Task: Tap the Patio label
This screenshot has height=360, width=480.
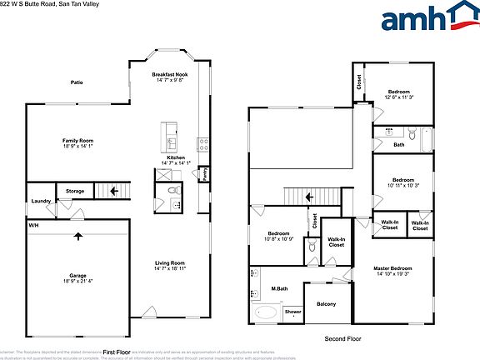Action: click(77, 82)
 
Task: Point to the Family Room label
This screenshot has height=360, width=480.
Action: click(77, 141)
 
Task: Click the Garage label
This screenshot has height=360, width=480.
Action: click(77, 275)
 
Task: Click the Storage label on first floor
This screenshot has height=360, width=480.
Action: click(76, 192)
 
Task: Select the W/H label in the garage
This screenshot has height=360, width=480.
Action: click(34, 225)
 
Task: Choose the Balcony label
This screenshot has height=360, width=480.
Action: click(327, 303)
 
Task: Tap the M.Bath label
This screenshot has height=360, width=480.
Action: click(279, 289)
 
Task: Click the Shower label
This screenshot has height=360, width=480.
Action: click(293, 312)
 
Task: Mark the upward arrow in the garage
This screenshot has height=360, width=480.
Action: click(78, 236)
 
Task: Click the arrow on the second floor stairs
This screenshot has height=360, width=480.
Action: click(308, 197)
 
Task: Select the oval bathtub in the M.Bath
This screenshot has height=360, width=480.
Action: click(267, 313)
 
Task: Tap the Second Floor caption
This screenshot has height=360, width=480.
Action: click(342, 339)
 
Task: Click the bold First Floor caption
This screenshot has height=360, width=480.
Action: click(117, 352)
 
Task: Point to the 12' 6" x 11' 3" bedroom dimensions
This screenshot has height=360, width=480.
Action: click(399, 97)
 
